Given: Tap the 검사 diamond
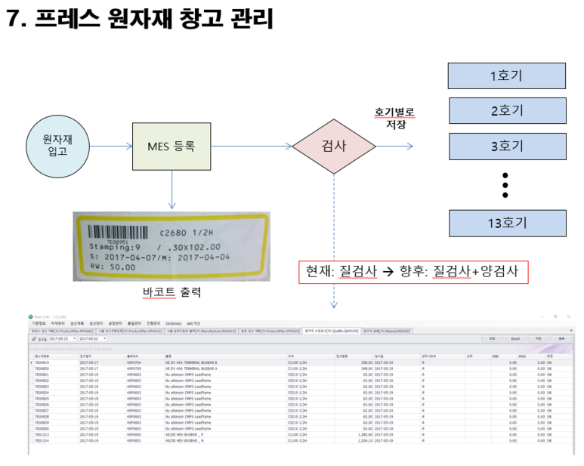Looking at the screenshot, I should point(333,147).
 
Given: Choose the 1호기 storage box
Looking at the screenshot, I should point(506,76).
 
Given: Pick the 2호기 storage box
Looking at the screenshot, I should point(506,111).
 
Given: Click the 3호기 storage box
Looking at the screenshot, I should point(506,147).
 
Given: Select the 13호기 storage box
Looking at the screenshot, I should point(506,223).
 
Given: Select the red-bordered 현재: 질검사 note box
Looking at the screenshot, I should point(413,272).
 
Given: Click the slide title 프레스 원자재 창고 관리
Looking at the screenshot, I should point(139,19).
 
